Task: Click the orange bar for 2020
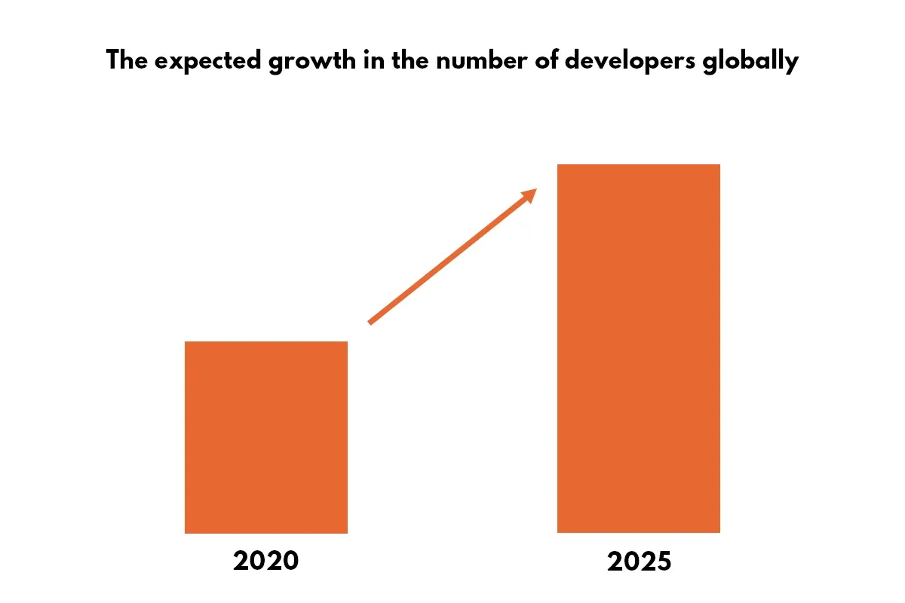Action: pyautogui.click(x=265, y=437)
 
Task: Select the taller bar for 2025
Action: pyautogui.click(x=638, y=348)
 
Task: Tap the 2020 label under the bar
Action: pyautogui.click(x=265, y=561)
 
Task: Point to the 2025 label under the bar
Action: pyautogui.click(x=638, y=561)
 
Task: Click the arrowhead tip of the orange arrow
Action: pyautogui.click(x=535, y=189)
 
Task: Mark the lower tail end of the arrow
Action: pyautogui.click(x=370, y=323)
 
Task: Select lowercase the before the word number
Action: pyautogui.click(x=407, y=60)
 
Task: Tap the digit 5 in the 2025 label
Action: pyautogui.click(x=662, y=561)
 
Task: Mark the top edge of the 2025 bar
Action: pyautogui.click(x=638, y=165)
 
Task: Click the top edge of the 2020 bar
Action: pyautogui.click(x=265, y=342)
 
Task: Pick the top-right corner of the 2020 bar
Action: pyautogui.click(x=347, y=342)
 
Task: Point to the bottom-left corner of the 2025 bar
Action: pyautogui.click(x=558, y=532)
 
